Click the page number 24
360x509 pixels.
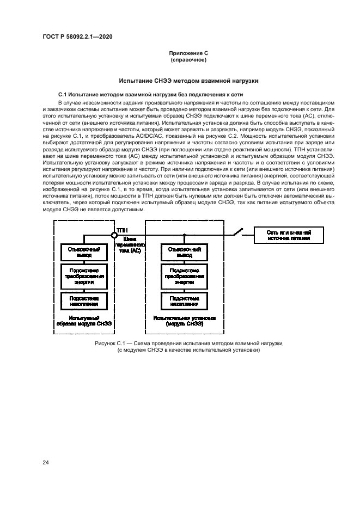[45, 462]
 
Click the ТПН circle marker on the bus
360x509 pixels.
[114, 235]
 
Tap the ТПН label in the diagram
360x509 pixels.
[122, 230]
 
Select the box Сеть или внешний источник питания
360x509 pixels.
[288, 235]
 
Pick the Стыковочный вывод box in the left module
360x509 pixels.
[84, 252]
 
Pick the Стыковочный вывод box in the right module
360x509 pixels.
[185, 252]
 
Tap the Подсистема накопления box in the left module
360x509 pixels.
[84, 301]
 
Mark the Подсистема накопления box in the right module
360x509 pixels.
[185, 301]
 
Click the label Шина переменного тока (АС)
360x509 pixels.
[130, 245]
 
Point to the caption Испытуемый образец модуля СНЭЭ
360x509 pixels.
[84, 321]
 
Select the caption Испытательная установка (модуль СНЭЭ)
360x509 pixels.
[185, 320]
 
